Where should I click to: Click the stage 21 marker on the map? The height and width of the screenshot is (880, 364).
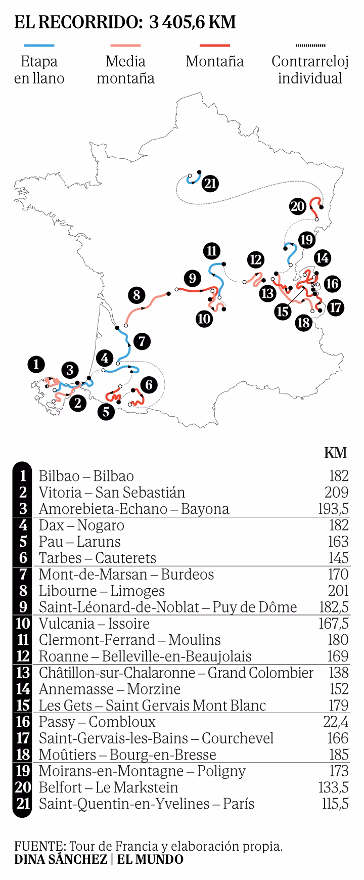pos(210,183)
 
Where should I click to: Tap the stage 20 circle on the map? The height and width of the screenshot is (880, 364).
pos(298,206)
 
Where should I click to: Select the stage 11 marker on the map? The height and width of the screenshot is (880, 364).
pos(211,251)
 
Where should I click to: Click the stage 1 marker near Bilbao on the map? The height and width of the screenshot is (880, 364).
pos(36,364)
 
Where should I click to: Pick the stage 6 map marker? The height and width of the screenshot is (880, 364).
pos(148,384)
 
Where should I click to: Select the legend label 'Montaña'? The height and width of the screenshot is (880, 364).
pos(214,62)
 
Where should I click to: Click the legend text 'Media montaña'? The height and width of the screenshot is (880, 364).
pos(125,70)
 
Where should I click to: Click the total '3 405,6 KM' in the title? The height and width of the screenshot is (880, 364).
pos(193,23)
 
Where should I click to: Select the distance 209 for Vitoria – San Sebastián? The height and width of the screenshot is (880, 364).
pos(336,492)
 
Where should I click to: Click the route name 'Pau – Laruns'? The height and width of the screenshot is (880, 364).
pos(80,542)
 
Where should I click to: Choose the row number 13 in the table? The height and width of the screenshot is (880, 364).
pos(22,673)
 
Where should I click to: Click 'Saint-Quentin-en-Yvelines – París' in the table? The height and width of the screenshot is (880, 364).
pos(147,804)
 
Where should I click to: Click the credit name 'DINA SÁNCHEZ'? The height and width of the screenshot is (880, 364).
pos(60,860)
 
